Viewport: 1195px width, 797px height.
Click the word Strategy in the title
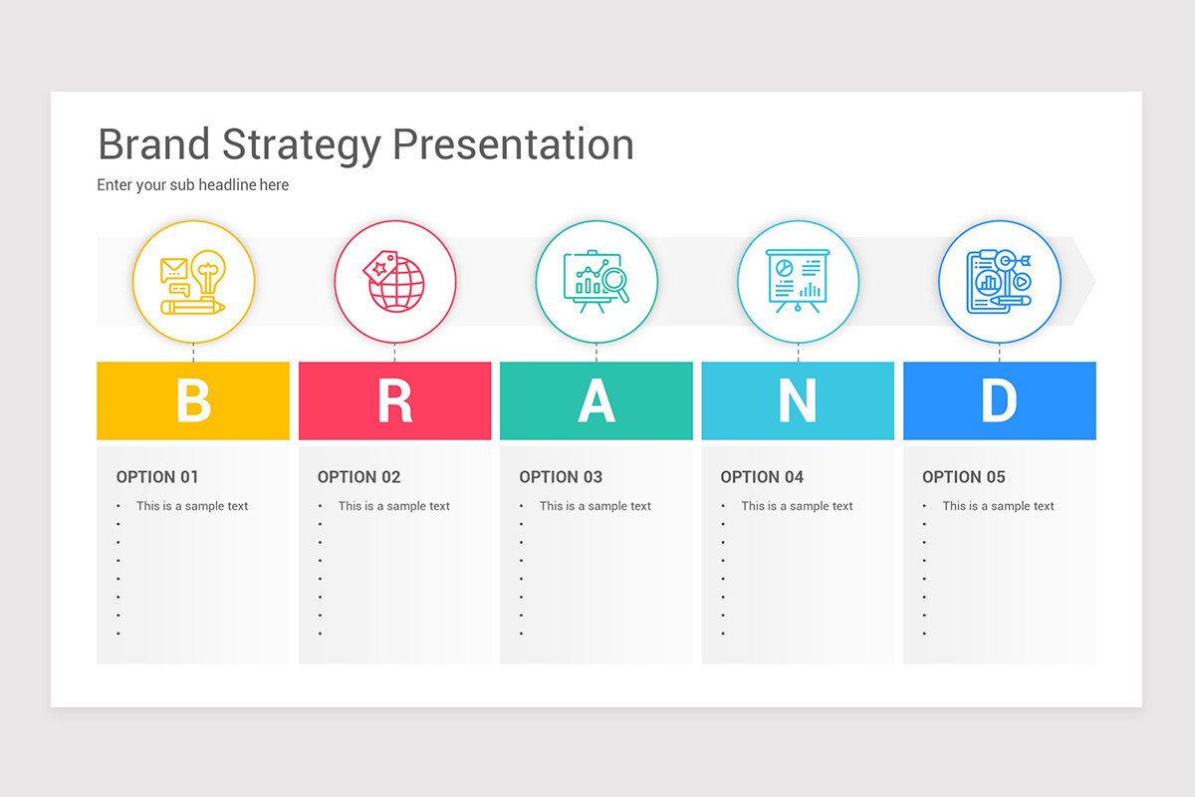click(302, 145)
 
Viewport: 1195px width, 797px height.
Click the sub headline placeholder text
click(192, 185)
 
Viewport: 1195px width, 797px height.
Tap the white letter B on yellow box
click(193, 400)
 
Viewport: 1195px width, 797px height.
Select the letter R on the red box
click(394, 400)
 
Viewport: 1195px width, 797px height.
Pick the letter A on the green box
click(596, 400)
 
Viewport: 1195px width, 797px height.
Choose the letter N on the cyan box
click(797, 400)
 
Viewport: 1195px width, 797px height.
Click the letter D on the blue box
click(999, 400)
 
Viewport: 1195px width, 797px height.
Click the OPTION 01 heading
click(157, 477)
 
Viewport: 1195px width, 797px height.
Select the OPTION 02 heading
click(358, 477)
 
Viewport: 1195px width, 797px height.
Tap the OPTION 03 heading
click(561, 477)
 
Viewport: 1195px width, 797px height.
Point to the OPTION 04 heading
click(762, 477)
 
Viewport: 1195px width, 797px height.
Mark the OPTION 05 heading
click(963, 477)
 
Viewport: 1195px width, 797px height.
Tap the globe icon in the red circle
click(398, 286)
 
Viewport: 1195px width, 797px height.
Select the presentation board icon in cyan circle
click(798, 279)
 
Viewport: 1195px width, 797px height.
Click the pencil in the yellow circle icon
click(193, 307)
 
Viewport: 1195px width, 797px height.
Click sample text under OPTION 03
click(595, 506)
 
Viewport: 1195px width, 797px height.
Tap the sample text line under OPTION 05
click(998, 506)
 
